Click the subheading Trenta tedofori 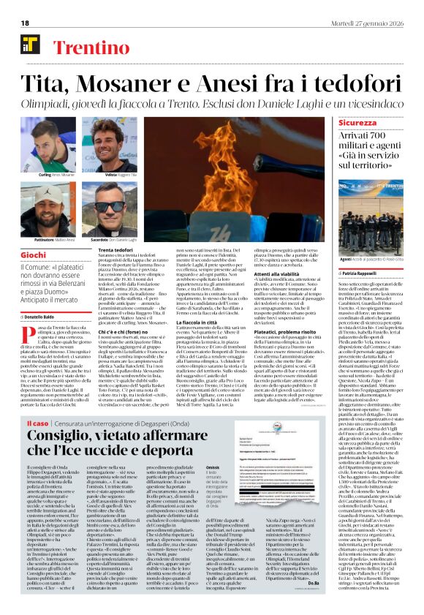[x=116, y=250]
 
